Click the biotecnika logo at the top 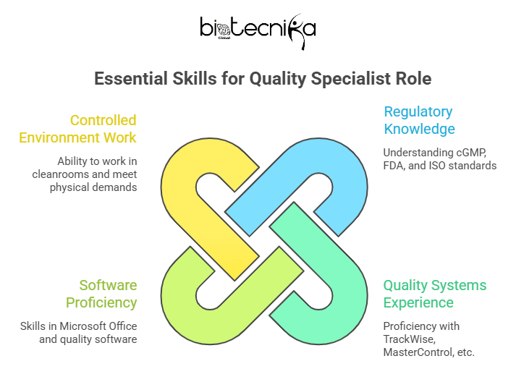(x=258, y=30)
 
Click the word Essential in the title (x=131, y=79)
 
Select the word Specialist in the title (x=351, y=80)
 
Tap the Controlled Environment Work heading (x=77, y=129)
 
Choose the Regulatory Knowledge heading (x=419, y=120)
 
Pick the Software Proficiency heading (x=101, y=294)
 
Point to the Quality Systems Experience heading (x=435, y=294)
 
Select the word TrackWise (x=410, y=339)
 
